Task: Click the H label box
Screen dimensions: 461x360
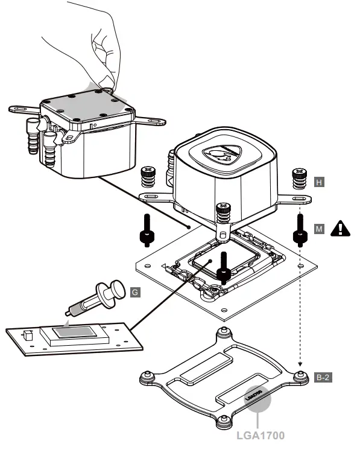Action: click(x=320, y=180)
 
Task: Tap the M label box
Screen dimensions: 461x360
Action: click(x=320, y=228)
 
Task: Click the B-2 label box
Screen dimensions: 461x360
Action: click(x=322, y=378)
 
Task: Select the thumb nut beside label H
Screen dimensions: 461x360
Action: click(x=298, y=178)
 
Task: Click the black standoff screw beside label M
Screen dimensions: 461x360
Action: click(x=298, y=232)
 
